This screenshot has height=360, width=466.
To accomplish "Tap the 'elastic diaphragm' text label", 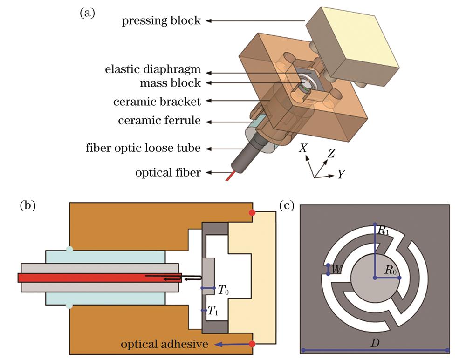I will pos(152,70).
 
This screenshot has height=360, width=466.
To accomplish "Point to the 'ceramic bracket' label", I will pos(157,102).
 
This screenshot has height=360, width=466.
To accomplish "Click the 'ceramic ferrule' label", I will pos(159,121).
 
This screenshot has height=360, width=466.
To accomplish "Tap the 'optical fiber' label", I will pos(168,173).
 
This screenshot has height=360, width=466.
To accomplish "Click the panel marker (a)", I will pos(88,14).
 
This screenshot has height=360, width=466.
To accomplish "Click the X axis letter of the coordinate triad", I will pos(303,148).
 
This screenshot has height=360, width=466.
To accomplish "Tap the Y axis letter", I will pos(341,175).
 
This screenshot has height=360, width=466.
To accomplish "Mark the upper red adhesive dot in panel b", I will pos(252,213).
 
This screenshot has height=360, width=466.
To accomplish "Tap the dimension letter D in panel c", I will pos(374,343).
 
